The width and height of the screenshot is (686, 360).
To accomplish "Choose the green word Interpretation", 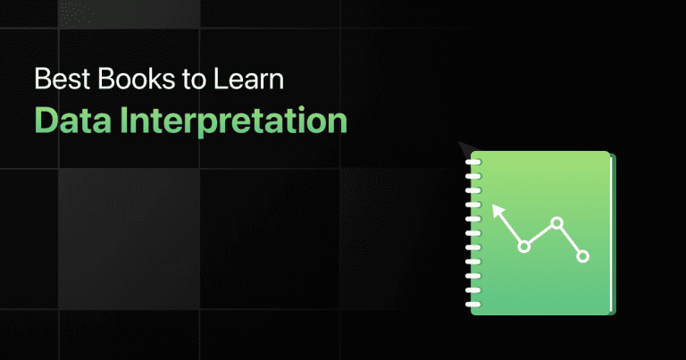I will (231, 120).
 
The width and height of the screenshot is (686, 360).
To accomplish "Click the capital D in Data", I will (44, 119).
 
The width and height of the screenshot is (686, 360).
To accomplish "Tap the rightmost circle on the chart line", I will (583, 256).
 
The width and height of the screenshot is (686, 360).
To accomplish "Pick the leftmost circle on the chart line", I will (524, 246).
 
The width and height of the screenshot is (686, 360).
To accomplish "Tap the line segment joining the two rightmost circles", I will (570, 239).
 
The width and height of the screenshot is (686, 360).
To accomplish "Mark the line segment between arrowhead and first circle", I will (511, 230).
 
